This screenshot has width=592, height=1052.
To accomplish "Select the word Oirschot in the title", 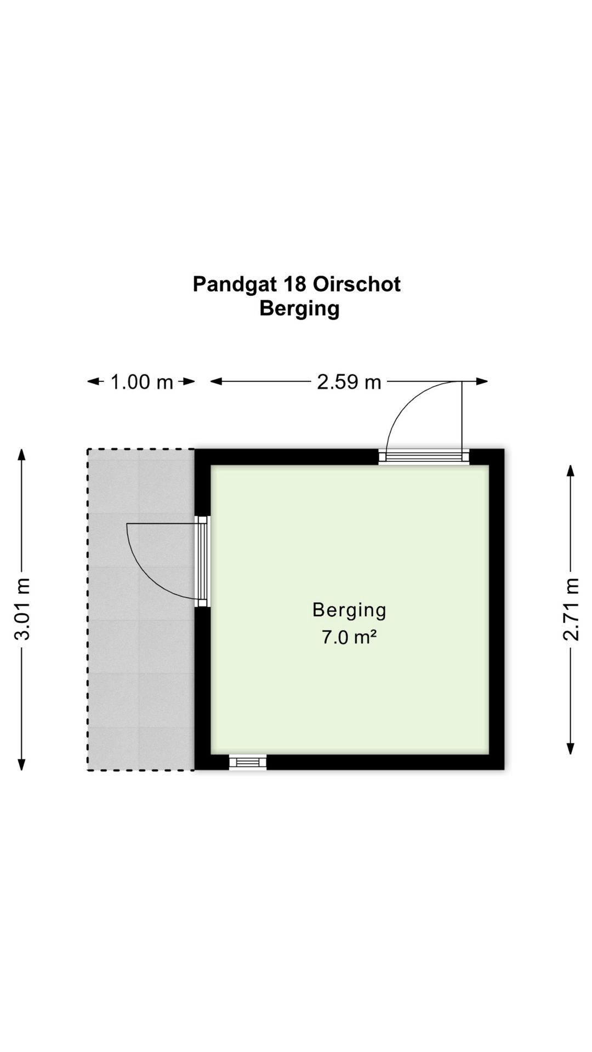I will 357,284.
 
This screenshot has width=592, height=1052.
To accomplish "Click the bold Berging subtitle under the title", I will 299,308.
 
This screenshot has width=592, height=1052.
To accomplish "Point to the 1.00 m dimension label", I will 141,382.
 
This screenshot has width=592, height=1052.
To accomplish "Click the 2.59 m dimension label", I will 349,382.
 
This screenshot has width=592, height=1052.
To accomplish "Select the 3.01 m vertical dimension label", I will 22,609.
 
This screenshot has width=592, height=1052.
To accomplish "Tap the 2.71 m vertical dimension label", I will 571,609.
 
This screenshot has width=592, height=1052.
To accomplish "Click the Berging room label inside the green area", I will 349,610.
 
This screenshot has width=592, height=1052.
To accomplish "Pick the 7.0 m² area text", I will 349,638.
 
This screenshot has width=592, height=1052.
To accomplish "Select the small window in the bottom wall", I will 248,762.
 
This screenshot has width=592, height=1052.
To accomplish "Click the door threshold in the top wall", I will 424,456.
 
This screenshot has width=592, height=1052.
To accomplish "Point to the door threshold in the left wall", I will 203,561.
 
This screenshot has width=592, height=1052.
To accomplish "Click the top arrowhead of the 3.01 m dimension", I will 22,454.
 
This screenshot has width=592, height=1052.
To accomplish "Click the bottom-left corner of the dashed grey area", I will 88,770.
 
